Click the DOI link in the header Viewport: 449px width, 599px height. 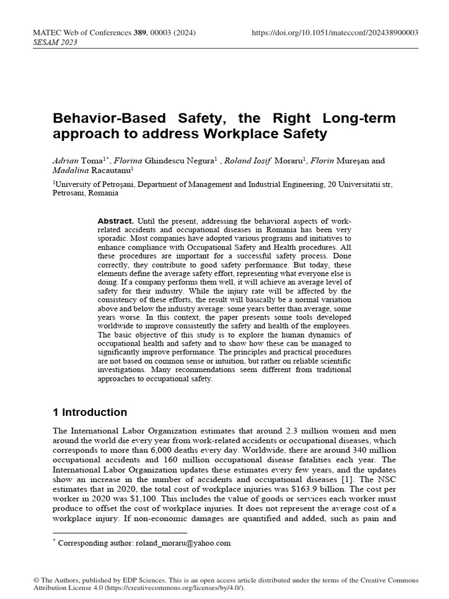tap(334, 33)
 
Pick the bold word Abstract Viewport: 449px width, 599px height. tap(115, 221)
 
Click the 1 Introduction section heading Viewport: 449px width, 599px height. tap(89, 412)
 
